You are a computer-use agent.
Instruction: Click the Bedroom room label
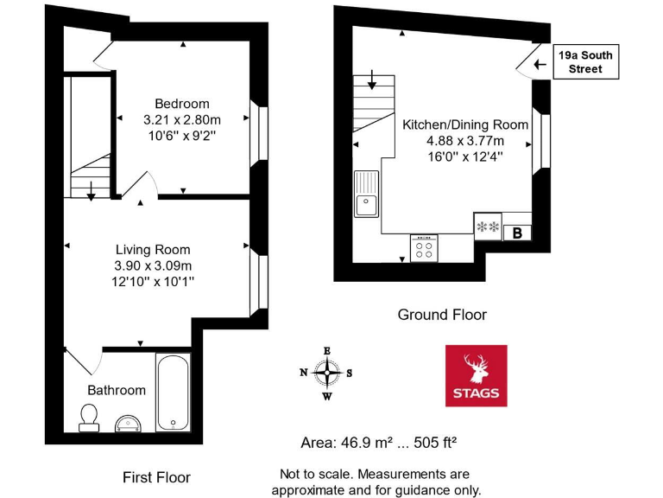182,104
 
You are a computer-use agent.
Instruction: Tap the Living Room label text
153,250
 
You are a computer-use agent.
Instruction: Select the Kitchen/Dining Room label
453,124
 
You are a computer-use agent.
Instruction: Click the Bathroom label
117,390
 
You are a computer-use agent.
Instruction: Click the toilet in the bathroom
88,417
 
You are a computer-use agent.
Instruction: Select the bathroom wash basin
130,421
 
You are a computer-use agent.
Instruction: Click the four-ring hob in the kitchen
424,249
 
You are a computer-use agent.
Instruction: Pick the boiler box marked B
518,232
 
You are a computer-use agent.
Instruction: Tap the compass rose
326,373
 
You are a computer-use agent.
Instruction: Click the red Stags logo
476,375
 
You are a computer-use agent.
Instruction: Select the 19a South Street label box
585,62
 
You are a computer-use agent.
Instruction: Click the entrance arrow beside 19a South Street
540,63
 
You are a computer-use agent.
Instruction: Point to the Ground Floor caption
442,315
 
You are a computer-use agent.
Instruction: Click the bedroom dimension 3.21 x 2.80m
182,119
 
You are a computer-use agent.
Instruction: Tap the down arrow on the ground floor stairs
372,83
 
